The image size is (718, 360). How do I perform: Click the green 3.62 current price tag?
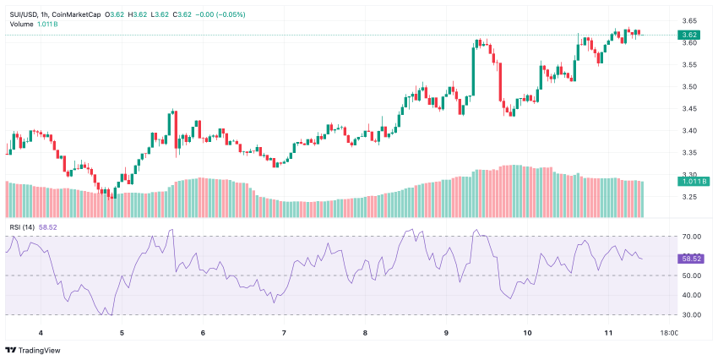point(689,35)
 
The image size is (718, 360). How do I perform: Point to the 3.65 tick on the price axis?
point(688,20)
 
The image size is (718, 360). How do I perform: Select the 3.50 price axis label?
point(688,86)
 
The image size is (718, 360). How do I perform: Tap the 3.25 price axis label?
point(688,197)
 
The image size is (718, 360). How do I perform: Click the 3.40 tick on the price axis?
point(688,130)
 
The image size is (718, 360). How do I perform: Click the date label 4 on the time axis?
point(41,333)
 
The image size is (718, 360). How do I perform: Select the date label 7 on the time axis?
point(284,333)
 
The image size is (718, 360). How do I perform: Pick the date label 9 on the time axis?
point(446,333)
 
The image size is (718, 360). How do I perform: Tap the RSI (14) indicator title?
point(22,226)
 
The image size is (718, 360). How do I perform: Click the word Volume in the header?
point(22,24)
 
